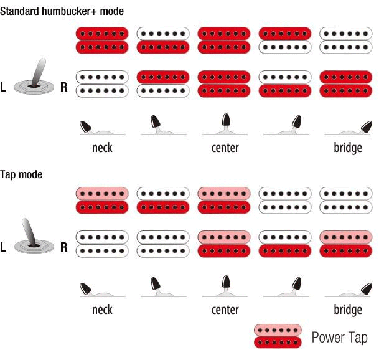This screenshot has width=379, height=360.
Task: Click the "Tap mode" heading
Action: coord(22,174)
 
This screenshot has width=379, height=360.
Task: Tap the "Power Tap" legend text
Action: coord(339,338)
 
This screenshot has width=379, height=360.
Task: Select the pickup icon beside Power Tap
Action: coord(278,336)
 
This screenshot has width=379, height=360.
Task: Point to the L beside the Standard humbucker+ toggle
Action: coord(4,87)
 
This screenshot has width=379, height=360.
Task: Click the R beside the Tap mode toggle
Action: coord(63,247)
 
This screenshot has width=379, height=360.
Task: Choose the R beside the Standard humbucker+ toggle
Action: coord(63,87)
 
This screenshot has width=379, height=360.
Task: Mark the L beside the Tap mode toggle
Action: coord(4,247)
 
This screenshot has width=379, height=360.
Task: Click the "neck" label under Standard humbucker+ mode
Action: coord(102,148)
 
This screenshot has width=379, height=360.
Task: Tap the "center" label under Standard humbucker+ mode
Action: coord(225,148)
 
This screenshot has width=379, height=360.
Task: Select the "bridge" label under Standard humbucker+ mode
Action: coord(347,148)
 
